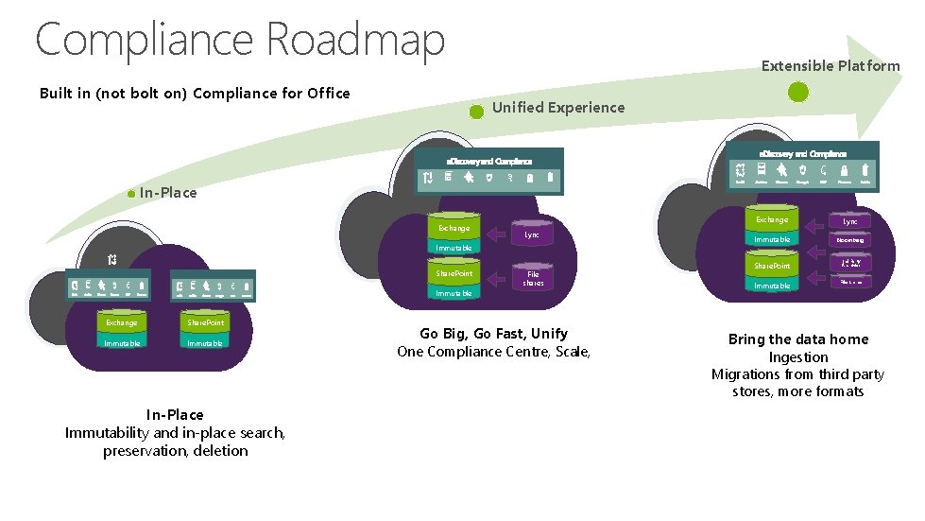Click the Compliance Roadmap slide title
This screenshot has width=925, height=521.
coord(239,40)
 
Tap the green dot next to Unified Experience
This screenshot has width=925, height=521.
coord(476,111)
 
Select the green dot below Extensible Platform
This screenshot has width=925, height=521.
coord(798,92)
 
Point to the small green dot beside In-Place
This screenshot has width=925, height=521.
coord(132,194)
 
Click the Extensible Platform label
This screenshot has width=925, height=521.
coord(831,65)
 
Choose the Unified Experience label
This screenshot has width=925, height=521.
coord(557,107)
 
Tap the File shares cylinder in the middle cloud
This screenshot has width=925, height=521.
coord(533,278)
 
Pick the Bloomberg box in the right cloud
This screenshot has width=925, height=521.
coord(849,240)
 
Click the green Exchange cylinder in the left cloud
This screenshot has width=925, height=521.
coord(121,323)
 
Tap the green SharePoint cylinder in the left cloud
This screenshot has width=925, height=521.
coord(205,323)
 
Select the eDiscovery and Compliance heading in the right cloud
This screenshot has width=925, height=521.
coord(803,152)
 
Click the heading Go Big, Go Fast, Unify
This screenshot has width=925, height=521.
coord(494,334)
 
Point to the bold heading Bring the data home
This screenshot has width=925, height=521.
coord(797,339)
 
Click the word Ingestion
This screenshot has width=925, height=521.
coord(797,356)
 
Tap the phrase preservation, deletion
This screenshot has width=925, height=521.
coord(175,450)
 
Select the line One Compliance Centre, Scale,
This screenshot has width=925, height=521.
coord(494,352)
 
